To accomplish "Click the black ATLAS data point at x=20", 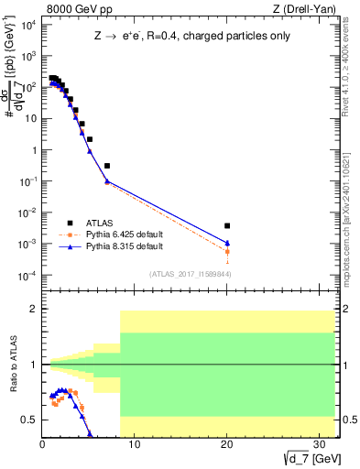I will [227, 225].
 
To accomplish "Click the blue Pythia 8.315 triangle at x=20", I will [227, 243].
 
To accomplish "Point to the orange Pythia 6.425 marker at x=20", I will [227, 251].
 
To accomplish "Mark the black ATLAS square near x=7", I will [107, 166].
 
